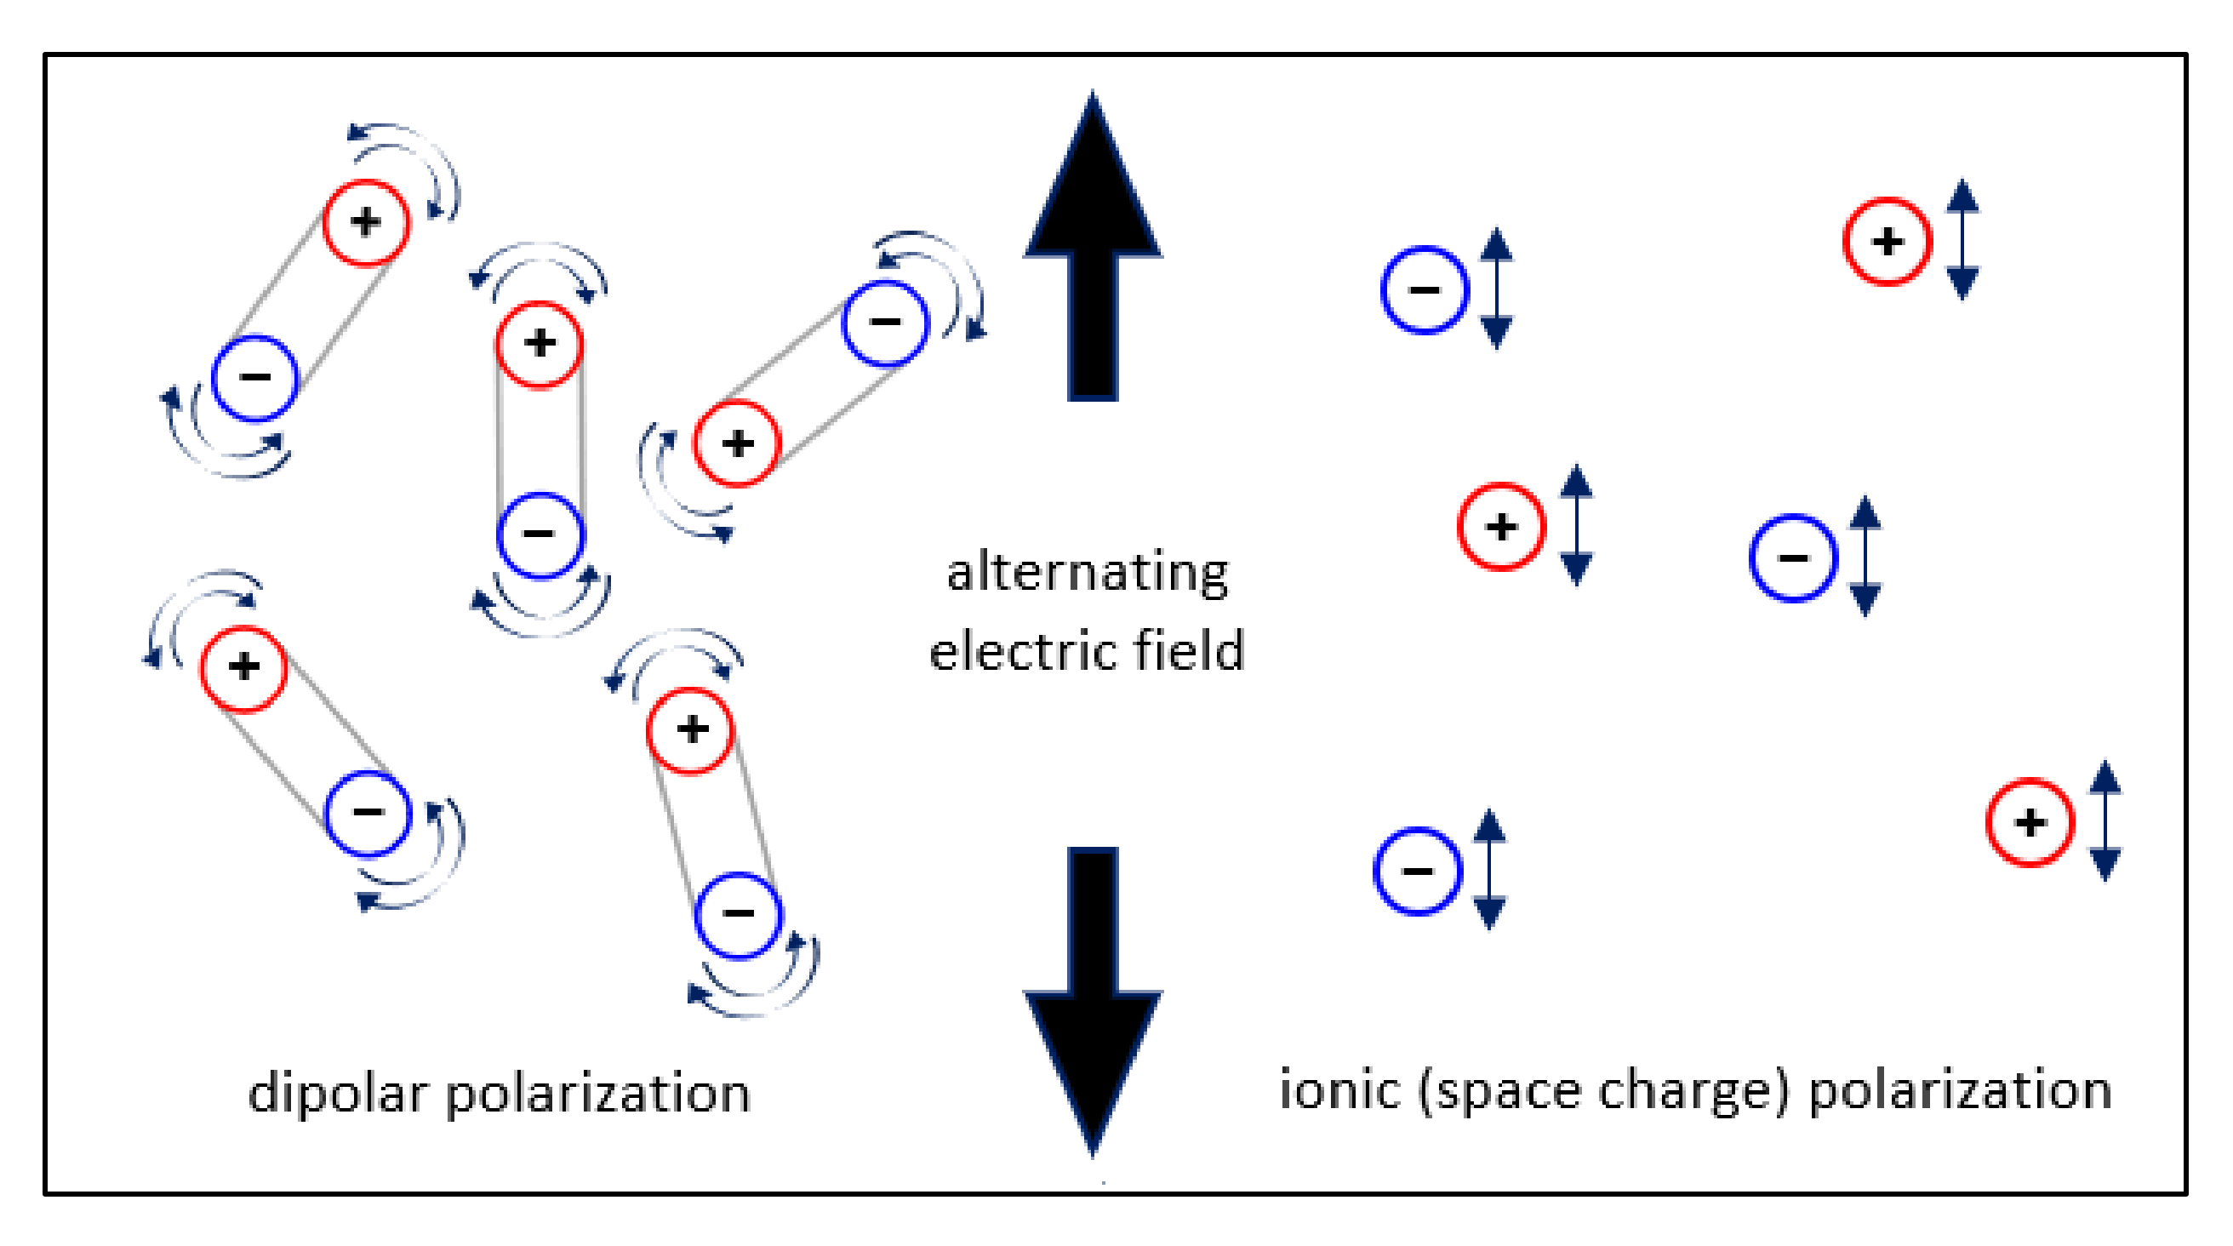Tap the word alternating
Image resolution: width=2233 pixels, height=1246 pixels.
tap(1087, 574)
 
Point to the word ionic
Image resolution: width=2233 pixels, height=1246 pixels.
tap(1339, 1091)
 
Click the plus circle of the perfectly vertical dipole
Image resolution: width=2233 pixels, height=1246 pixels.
tap(540, 344)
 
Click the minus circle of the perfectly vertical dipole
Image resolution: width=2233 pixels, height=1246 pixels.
tap(540, 534)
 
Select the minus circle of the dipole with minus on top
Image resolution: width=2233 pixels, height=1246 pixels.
tap(885, 323)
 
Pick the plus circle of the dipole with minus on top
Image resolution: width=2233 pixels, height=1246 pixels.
tap(737, 444)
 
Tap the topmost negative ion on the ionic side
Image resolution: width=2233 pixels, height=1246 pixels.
tap(1425, 290)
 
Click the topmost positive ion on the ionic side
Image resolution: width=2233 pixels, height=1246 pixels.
tap(1887, 242)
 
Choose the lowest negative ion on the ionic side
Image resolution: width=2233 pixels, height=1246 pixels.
tap(1417, 871)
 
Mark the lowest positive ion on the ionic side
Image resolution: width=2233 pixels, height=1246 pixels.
tap(2030, 823)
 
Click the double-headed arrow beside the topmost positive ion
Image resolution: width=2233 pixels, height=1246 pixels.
tap(1962, 240)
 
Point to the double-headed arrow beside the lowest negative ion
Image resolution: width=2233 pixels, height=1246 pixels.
tap(1489, 870)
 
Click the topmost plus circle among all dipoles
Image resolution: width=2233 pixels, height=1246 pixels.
tap(366, 223)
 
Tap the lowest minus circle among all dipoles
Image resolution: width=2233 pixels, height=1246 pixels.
tap(738, 914)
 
